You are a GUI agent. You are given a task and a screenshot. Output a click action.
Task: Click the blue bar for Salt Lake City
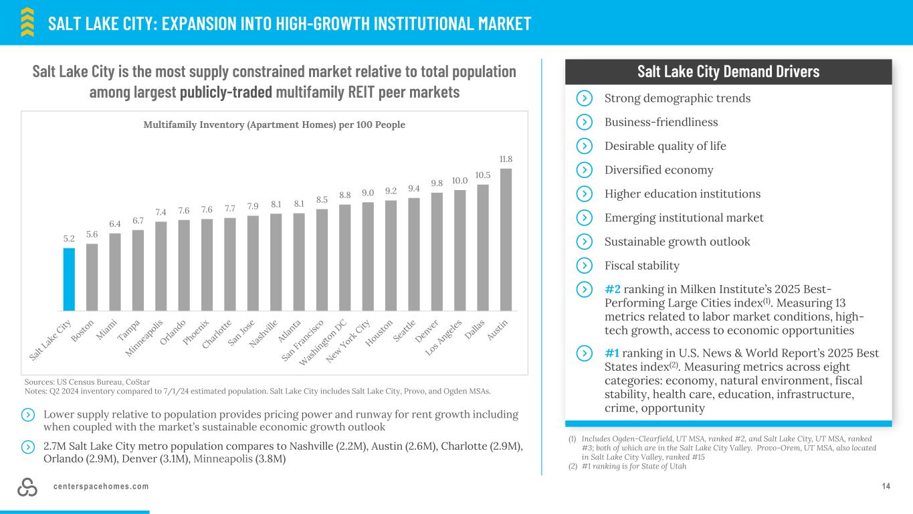(69, 279)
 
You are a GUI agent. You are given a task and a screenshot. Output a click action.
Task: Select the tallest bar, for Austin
(506, 239)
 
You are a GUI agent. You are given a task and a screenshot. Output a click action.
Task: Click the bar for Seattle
(414, 254)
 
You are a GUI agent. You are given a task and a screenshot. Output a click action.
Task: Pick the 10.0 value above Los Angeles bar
(460, 181)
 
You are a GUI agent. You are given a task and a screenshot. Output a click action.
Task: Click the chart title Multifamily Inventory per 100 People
(274, 124)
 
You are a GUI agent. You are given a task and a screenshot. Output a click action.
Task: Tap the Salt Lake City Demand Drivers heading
(728, 72)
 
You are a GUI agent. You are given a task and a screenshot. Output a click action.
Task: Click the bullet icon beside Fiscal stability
(584, 266)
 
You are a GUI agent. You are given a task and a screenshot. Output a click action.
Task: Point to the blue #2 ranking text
(613, 289)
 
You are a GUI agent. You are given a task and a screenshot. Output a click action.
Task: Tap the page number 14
(886, 486)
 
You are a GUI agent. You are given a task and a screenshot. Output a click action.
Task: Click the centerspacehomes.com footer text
(101, 486)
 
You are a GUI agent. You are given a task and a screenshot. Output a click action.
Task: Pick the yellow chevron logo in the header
(27, 21)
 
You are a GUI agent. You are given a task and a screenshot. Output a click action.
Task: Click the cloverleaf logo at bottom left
(27, 488)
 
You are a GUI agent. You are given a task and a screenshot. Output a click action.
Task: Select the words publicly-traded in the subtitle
(226, 92)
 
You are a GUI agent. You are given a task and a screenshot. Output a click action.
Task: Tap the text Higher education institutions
(682, 194)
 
